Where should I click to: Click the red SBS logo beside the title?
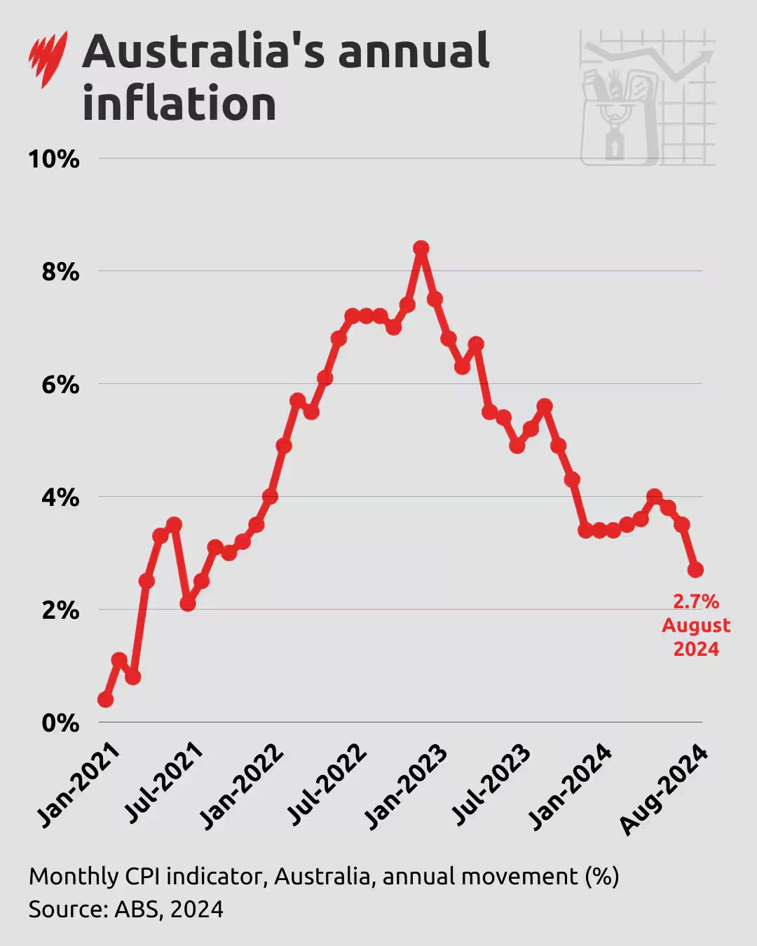point(48,60)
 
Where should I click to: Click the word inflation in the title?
point(179,104)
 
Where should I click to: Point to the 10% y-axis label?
point(53,159)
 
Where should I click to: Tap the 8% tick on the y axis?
point(60,272)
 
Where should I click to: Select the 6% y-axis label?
point(60,385)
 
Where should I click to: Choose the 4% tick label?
point(60,498)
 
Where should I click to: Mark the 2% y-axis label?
point(60,610)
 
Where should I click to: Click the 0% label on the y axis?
point(60,723)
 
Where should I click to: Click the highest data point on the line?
point(421,248)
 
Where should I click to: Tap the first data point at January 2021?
point(106,699)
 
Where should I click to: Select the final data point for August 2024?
point(695,570)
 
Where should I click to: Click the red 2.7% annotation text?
point(696,602)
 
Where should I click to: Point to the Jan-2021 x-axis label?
point(79,786)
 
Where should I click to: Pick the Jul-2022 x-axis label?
point(327,785)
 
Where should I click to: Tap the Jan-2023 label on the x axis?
point(407,786)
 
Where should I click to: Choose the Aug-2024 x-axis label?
point(663,789)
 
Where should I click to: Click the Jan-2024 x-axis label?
point(571,786)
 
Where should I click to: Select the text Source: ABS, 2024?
point(126,910)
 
